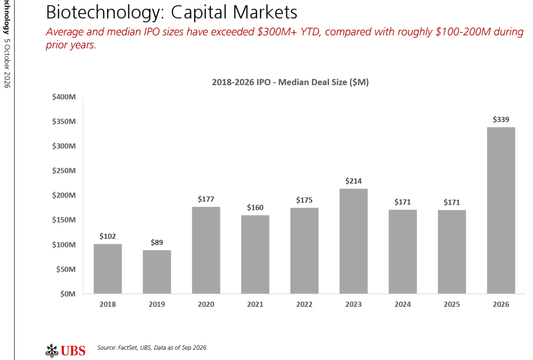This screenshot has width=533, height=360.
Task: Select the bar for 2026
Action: coord(501,211)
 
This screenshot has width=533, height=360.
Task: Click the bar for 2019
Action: coord(157,272)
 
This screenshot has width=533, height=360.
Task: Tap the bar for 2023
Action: coord(353,241)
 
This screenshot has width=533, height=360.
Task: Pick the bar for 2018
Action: coord(108,269)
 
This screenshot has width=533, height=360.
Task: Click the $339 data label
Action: coord(501,119)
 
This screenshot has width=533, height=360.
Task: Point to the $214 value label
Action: coord(353,181)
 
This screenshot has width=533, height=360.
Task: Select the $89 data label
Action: coord(157,243)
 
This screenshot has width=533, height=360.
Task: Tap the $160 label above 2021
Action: coord(255,208)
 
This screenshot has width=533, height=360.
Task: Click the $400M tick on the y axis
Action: coord(64,97)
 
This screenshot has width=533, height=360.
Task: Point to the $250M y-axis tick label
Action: coord(64,171)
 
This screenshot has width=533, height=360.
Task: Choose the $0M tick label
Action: coord(68,294)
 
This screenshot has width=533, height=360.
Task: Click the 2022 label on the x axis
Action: coord(304,305)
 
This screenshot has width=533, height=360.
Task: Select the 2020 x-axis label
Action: coord(206,305)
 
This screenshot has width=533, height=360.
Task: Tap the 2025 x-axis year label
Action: coord(452,305)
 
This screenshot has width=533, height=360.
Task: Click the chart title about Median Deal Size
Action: coord(290,83)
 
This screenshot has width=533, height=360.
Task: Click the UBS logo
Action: coord(66,350)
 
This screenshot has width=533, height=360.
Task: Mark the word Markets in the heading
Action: coord(264,12)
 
